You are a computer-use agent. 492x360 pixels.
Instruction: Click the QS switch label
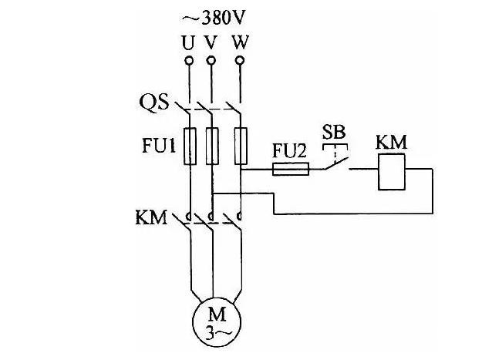click(x=153, y=101)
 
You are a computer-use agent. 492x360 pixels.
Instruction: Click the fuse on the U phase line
click(x=188, y=146)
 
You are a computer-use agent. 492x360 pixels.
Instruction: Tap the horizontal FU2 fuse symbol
click(x=291, y=167)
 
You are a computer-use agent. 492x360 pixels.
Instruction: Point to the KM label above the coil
click(x=390, y=143)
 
